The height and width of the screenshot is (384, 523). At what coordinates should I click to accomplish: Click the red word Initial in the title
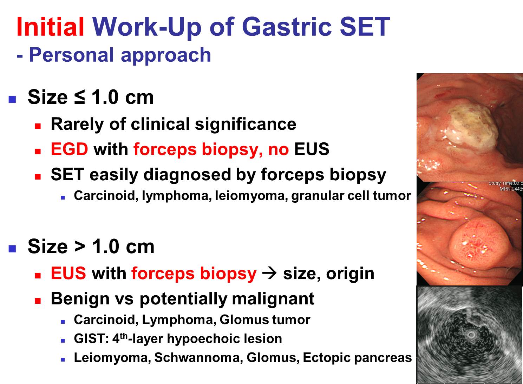[50, 27]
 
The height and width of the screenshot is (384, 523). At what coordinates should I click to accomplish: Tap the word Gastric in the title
[287, 27]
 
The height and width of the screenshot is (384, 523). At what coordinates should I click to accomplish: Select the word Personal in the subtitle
[71, 55]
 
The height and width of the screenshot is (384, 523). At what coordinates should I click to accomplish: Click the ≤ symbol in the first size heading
[79, 97]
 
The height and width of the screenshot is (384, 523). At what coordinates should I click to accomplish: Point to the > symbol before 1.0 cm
[80, 247]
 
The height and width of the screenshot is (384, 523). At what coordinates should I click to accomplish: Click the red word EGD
[70, 149]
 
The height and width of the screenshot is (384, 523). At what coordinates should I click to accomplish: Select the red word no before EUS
[278, 150]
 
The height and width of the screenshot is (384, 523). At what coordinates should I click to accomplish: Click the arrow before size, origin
[269, 273]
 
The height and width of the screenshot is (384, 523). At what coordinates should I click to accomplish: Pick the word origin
[350, 274]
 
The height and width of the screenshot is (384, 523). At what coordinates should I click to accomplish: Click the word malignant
[273, 299]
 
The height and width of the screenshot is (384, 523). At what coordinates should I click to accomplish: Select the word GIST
[90, 338]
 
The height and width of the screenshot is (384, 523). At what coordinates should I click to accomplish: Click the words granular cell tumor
[351, 196]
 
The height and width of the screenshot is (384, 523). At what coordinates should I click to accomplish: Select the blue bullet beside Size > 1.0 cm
[12, 249]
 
